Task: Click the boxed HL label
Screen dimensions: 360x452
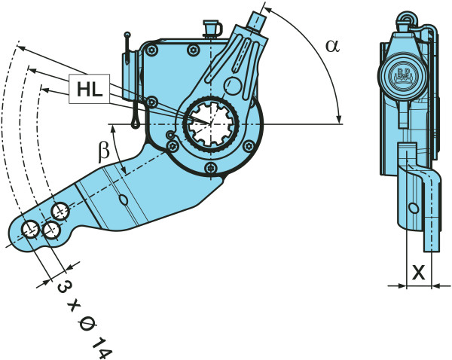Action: point(89,90)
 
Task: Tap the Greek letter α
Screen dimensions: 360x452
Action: point(332,45)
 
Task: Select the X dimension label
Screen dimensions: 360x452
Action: point(419,273)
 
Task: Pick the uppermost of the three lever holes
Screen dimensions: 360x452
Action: point(61,209)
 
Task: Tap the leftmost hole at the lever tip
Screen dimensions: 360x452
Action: point(31,229)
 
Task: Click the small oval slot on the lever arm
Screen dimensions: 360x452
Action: point(124,199)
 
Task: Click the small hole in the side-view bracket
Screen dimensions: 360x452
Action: point(412,207)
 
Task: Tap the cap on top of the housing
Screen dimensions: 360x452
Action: point(210,29)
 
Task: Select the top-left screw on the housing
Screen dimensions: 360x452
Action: point(152,50)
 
